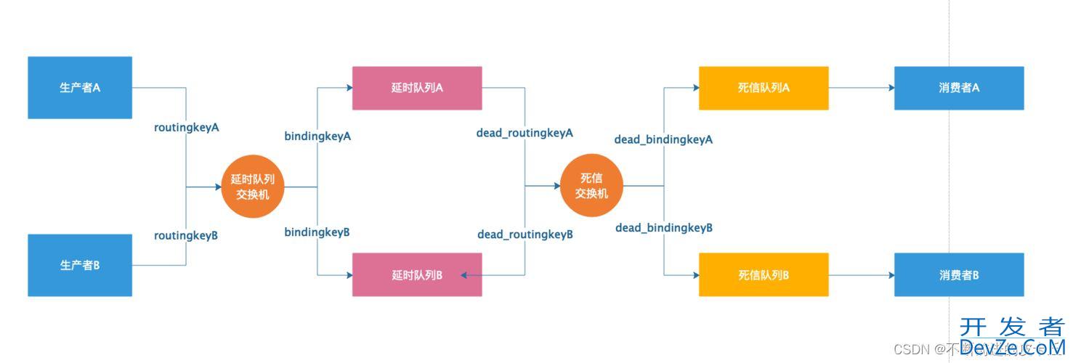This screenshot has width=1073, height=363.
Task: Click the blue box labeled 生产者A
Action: (80, 87)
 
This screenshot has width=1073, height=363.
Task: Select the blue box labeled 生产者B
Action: (80, 265)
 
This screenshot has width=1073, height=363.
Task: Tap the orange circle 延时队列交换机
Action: (253, 187)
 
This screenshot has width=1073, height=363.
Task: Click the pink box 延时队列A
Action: (417, 88)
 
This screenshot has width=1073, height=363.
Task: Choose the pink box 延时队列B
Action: (417, 274)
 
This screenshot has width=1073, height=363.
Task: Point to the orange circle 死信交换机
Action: (591, 186)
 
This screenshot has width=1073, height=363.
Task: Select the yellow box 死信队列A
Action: (764, 88)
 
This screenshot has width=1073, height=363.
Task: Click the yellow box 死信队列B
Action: (764, 274)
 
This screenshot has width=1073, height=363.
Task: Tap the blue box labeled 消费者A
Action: (959, 88)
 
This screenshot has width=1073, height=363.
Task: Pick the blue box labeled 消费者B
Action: (959, 274)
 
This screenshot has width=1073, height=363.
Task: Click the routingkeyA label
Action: (187, 127)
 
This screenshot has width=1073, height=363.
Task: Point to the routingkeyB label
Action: (186, 235)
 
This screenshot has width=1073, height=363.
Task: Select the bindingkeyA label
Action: (317, 136)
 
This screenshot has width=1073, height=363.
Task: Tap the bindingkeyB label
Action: (317, 232)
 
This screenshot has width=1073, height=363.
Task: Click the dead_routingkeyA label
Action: (525, 133)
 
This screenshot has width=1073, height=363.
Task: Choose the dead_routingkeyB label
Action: (525, 234)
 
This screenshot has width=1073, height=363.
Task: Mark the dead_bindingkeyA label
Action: (663, 139)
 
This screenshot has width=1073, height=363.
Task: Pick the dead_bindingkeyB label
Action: (664, 228)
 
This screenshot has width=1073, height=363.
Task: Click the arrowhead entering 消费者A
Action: (890, 88)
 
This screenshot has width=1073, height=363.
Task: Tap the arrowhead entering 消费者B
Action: (890, 275)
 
